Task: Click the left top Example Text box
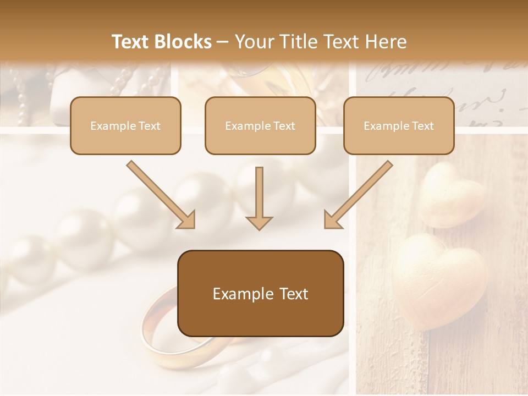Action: click(125, 125)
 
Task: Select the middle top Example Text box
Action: click(260, 125)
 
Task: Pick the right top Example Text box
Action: click(399, 125)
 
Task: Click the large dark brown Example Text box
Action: click(260, 293)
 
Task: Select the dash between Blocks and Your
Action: click(223, 42)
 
